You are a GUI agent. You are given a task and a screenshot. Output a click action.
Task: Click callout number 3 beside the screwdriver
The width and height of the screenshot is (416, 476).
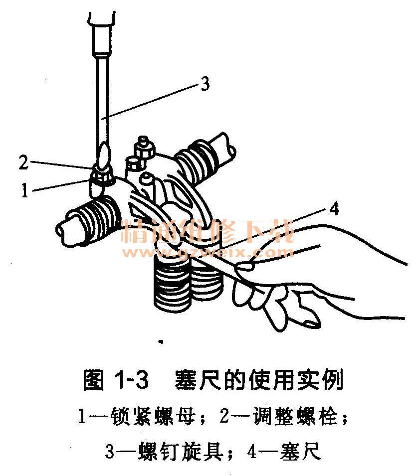click(x=206, y=84)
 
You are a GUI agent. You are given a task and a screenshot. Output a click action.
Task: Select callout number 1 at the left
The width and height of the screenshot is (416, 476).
click(x=24, y=190)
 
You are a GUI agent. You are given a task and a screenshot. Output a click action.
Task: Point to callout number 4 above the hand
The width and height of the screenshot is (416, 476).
click(x=334, y=209)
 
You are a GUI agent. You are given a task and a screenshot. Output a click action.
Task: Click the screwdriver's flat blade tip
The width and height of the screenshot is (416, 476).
click(x=103, y=155)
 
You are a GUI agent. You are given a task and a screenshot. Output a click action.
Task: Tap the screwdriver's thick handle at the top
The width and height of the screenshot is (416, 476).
click(x=101, y=33)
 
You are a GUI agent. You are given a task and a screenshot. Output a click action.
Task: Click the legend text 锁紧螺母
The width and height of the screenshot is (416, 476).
click(x=153, y=416)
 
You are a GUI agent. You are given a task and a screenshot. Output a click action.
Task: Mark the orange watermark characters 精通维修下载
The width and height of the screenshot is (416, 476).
click(x=208, y=231)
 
